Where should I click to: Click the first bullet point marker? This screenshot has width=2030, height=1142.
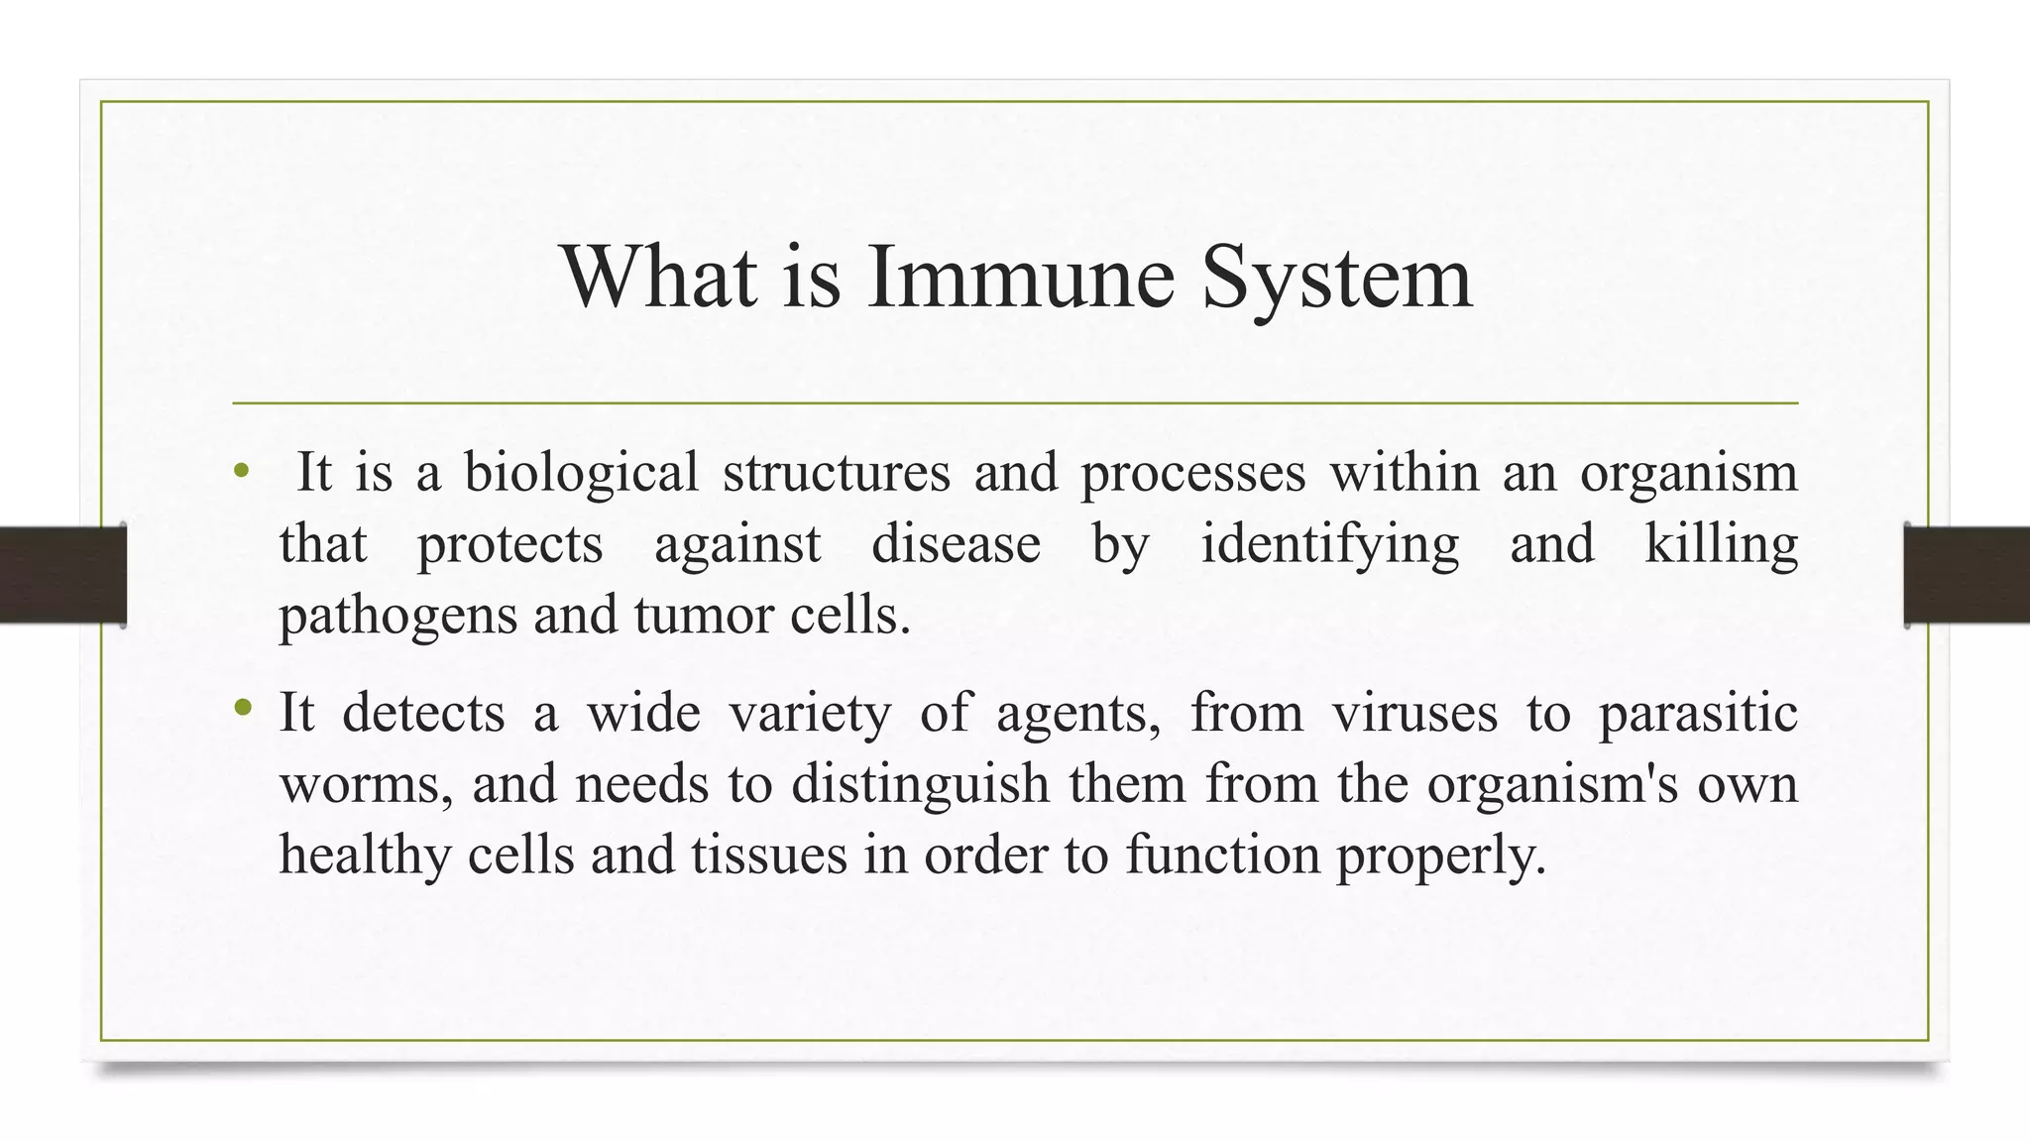point(241,472)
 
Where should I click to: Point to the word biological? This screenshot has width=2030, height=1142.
point(581,472)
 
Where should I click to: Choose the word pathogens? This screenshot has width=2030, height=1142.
point(397,617)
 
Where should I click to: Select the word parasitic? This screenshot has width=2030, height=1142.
point(1698,713)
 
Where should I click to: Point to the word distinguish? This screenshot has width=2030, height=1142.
point(920,784)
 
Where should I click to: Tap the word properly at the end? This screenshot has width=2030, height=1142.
point(1440,856)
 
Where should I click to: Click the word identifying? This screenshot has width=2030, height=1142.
point(1329,544)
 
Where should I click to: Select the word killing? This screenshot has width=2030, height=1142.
point(1721,544)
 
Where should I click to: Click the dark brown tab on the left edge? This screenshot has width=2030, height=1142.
point(61,575)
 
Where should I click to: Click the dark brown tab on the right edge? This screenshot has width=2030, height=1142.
point(1968,575)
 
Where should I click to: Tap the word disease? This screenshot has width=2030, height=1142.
point(956,544)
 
